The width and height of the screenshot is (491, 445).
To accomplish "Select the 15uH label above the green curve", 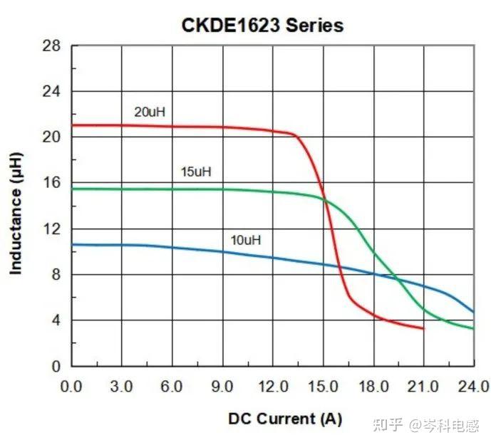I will click(x=196, y=172).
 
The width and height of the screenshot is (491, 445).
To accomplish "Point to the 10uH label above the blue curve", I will click(x=246, y=240).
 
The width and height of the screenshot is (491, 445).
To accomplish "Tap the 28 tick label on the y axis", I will click(x=56, y=47).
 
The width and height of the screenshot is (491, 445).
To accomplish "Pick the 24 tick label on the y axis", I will click(x=56, y=93).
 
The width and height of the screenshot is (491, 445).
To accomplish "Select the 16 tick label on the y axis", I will click(x=56, y=184).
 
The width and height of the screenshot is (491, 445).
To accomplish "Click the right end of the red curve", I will click(x=423, y=328).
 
